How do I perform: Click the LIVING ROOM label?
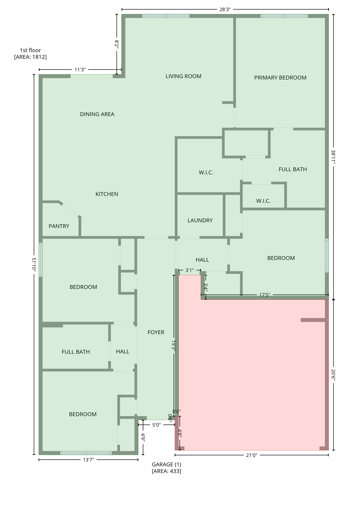183,76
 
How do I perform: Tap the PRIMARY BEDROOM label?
280,78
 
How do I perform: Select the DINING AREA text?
97,114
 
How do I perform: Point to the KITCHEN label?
107,194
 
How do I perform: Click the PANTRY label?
59,226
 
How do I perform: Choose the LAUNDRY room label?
200,220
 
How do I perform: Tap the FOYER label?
156,332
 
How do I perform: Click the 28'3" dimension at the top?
225,10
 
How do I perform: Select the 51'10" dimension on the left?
34,264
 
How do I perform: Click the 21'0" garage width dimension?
251,455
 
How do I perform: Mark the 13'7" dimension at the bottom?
88,460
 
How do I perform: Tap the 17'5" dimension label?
264,295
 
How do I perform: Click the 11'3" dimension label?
80,70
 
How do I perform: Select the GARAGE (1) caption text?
166,464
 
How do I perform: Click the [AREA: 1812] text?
30,57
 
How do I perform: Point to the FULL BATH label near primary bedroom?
293,169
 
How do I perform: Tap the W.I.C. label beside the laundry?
206,173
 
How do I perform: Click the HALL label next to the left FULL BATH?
122,351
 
